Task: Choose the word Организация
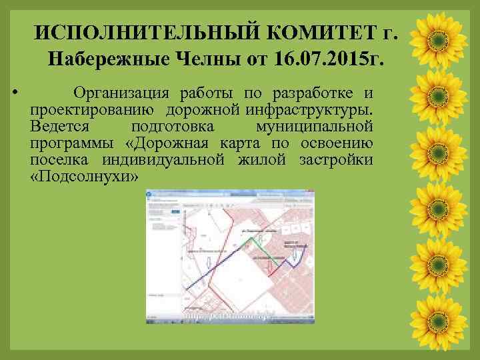point(117,92)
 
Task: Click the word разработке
point(311,92)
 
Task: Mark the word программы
point(72,144)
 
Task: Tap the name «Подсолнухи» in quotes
point(85,178)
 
